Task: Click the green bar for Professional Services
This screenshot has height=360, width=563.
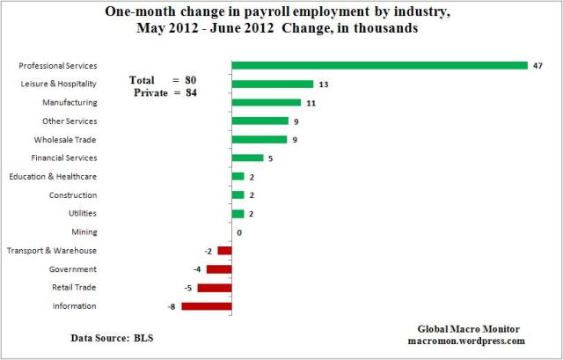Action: coord(379,65)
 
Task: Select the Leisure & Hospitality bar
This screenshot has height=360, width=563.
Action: coord(272,84)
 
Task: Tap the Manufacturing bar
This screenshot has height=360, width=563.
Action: coord(266,103)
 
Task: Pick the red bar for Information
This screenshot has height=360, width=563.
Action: coord(206,306)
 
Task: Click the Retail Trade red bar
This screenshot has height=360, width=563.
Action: coord(215,288)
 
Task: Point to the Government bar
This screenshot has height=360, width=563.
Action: coord(219,269)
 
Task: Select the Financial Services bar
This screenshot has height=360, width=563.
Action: coord(247,158)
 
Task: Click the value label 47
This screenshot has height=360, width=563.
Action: coord(537,66)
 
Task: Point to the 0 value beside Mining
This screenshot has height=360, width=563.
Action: coord(238,232)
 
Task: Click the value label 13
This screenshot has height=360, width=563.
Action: coord(324,84)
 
